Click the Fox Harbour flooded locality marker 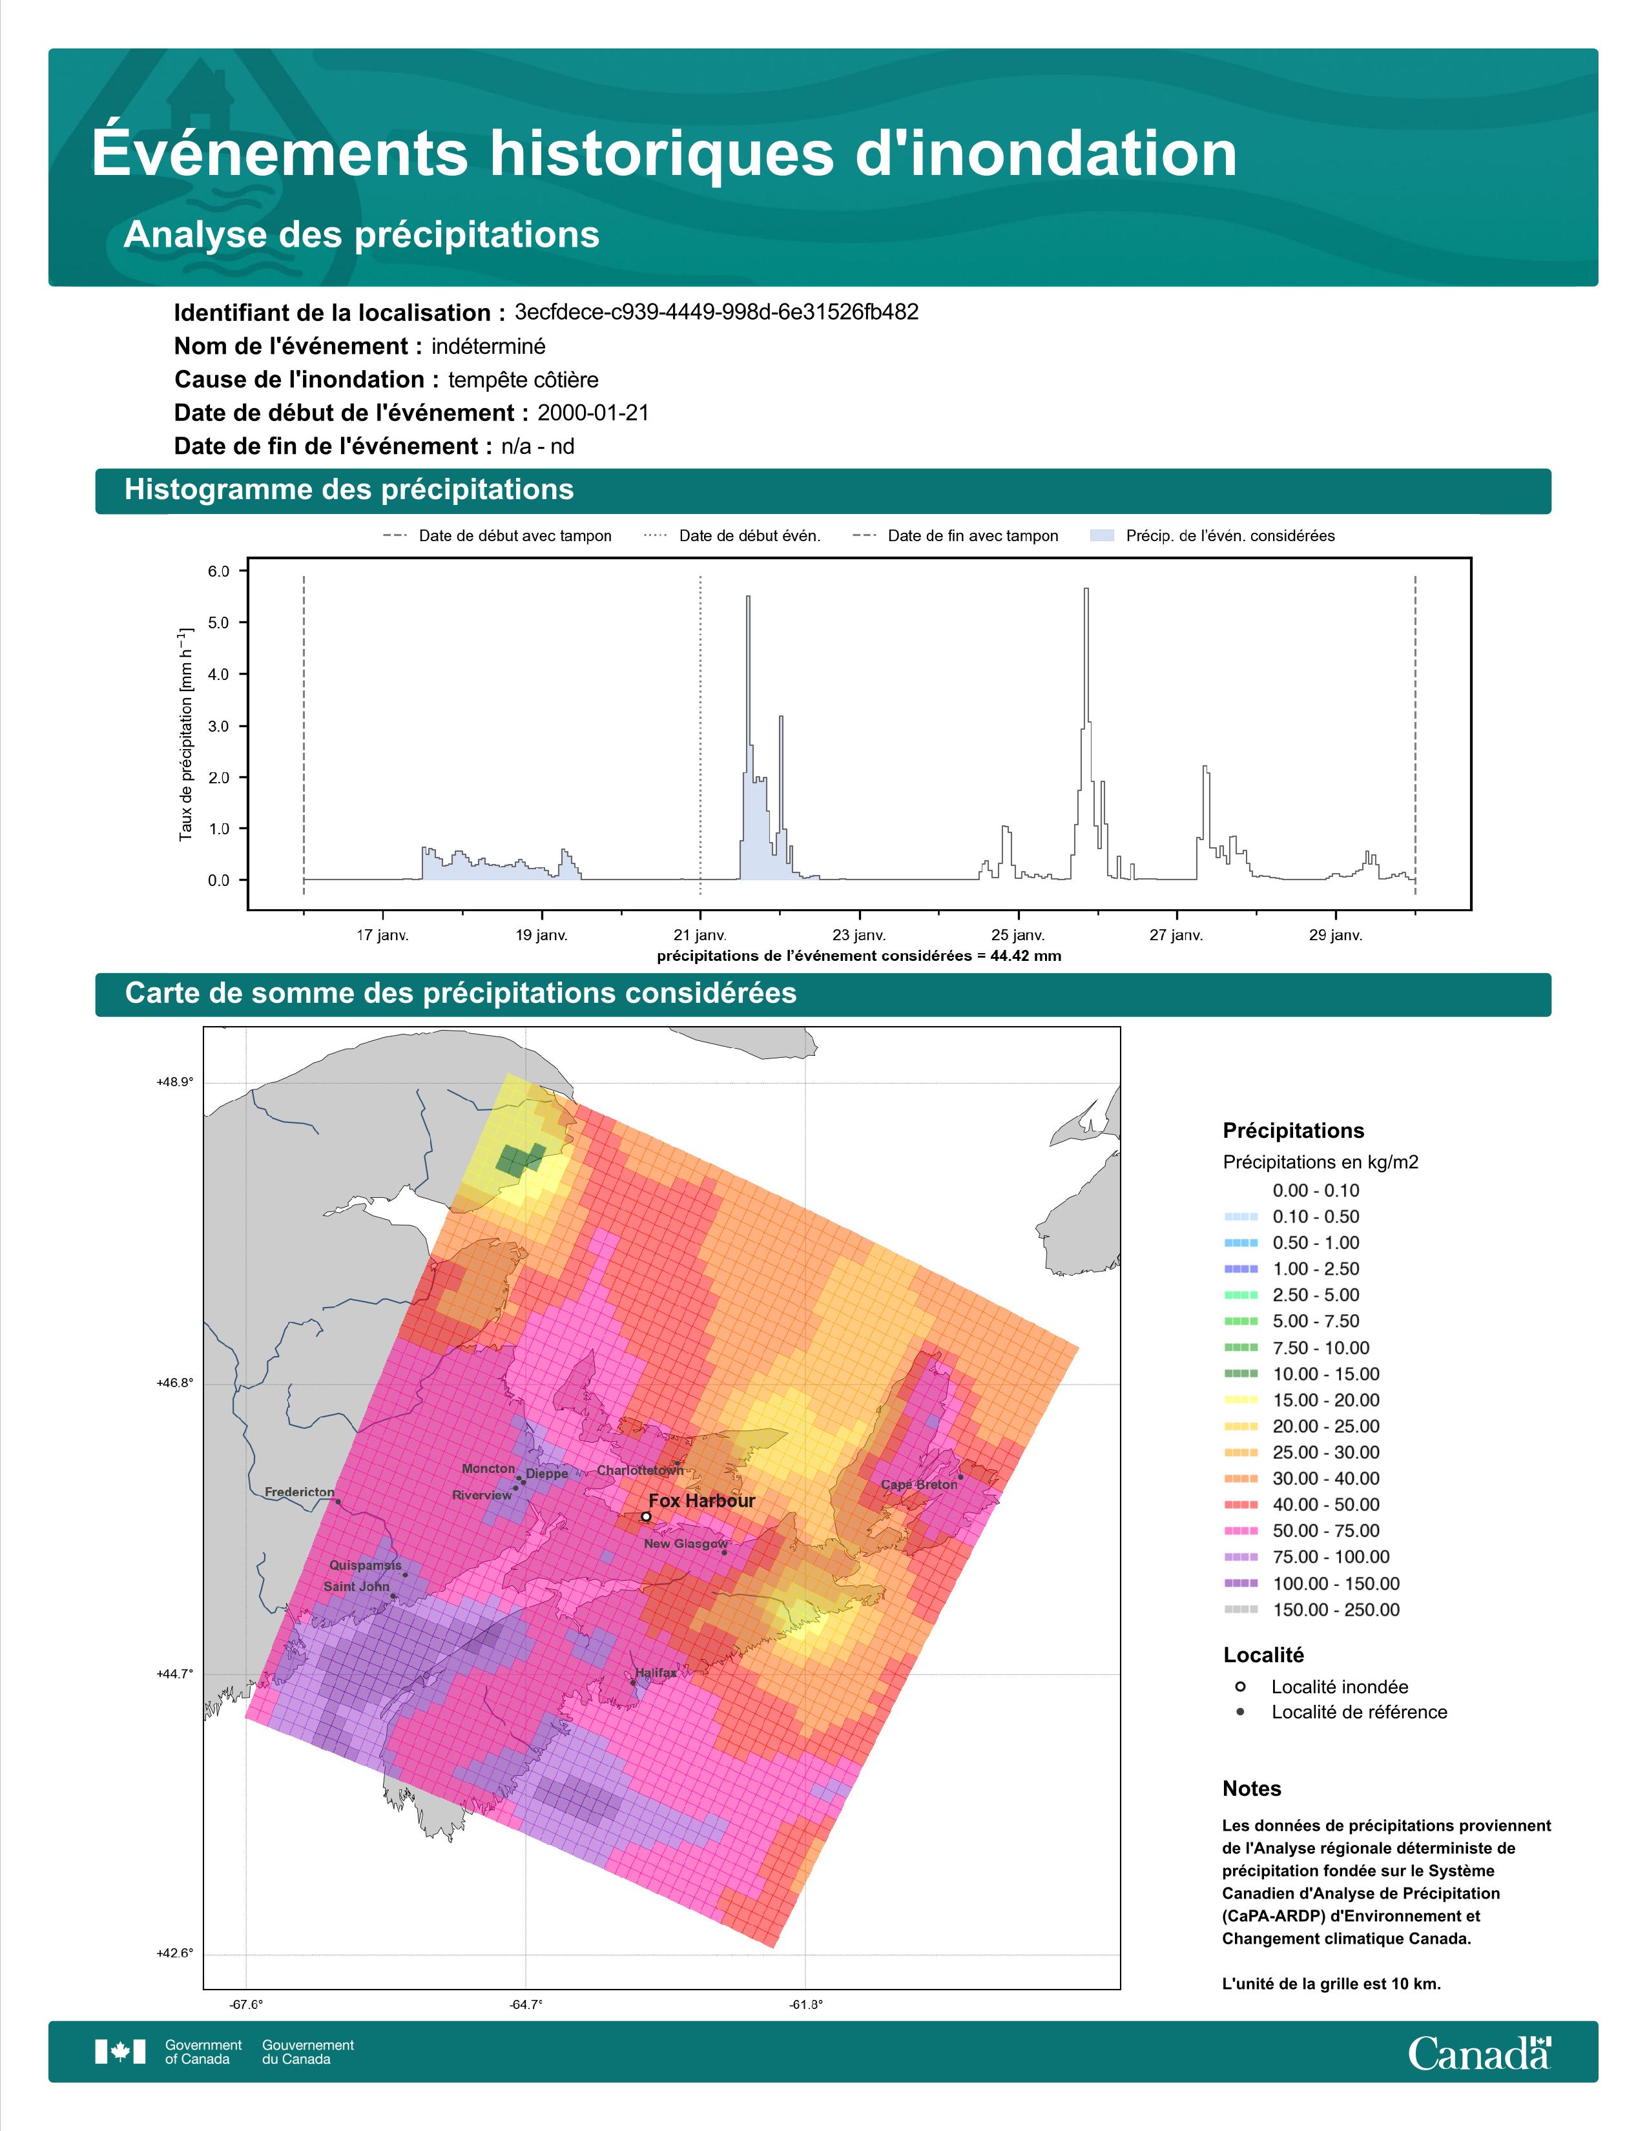coord(646,1516)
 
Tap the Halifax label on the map coord(656,1673)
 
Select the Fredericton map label coord(300,1492)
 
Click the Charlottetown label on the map coord(640,1470)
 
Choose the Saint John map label coord(356,1587)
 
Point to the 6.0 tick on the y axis coord(218,571)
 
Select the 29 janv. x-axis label coord(1336,935)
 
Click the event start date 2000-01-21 coord(593,413)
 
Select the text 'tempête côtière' coord(523,380)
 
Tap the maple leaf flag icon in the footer coord(120,2052)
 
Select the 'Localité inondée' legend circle coord(1240,1686)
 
